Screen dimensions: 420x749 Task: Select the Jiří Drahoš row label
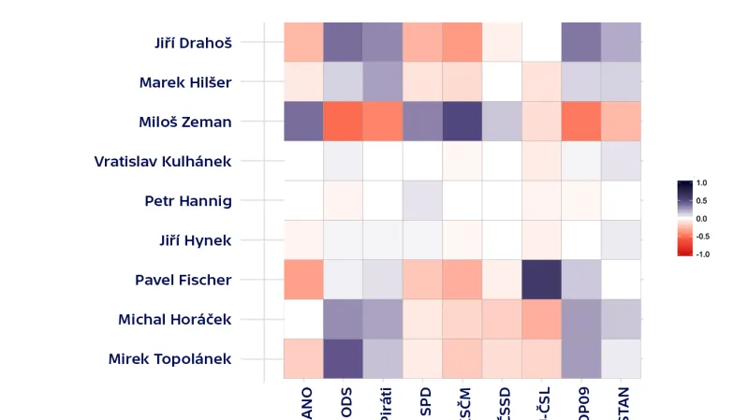pyautogui.click(x=193, y=42)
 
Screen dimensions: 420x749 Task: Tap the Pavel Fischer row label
pyautogui.click(x=183, y=280)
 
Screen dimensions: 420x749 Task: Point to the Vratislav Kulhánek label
pyautogui.click(x=163, y=161)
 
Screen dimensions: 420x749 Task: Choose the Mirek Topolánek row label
pyautogui.click(x=169, y=359)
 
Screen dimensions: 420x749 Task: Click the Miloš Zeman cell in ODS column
pyautogui.click(x=343, y=122)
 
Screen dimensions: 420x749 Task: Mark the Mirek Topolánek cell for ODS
pyautogui.click(x=343, y=359)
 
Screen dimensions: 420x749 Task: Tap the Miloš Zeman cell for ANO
pyautogui.click(x=302, y=122)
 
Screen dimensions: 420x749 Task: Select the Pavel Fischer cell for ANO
pyautogui.click(x=302, y=280)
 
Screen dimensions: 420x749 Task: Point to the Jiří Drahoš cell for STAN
pyautogui.click(x=622, y=42)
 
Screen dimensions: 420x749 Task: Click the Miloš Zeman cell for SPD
pyautogui.click(x=422, y=122)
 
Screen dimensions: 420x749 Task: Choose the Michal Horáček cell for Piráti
pyautogui.click(x=382, y=319)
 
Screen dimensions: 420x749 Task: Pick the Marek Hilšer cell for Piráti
pyautogui.click(x=382, y=82)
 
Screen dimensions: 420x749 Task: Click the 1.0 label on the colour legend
pyautogui.click(x=701, y=183)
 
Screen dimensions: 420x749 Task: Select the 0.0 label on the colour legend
pyautogui.click(x=701, y=218)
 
